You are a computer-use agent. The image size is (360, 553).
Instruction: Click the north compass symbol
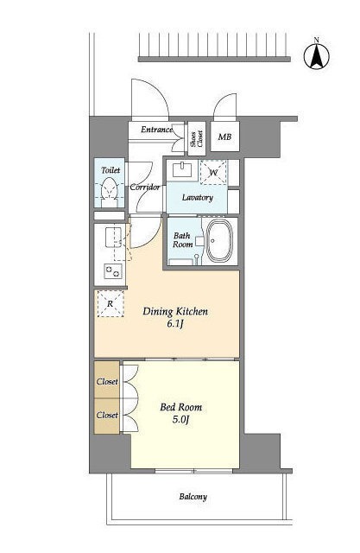(317, 55)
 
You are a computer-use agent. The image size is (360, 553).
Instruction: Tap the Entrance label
(157, 130)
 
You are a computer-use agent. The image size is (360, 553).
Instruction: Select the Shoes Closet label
(197, 138)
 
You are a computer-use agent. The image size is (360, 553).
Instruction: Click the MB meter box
(224, 137)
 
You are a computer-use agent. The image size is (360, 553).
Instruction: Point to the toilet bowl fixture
(109, 192)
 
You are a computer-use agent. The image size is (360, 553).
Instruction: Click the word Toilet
(111, 170)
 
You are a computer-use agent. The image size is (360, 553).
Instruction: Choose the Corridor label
(145, 188)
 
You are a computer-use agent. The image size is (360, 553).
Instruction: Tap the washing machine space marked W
(213, 172)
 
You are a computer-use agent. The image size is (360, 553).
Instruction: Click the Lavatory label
(197, 198)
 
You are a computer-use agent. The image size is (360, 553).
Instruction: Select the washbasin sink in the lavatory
(182, 171)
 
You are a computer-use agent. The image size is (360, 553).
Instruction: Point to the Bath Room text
(182, 240)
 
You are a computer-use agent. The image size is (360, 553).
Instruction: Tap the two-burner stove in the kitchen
(113, 271)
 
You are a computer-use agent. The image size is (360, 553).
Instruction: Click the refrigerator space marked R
(111, 303)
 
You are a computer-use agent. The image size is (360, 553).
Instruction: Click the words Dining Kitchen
(175, 312)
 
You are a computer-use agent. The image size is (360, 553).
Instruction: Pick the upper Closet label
(107, 382)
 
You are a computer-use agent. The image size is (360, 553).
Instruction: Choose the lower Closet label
(107, 415)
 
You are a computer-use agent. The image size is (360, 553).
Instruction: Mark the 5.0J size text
(181, 421)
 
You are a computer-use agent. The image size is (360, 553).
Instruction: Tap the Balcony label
(193, 497)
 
